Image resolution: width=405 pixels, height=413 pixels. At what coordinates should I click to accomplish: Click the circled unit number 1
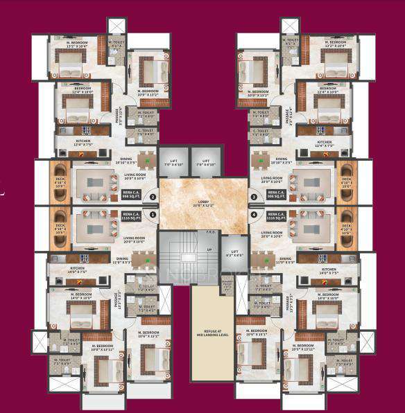click(152, 215)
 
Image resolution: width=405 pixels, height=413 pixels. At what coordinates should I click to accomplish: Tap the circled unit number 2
click(152, 197)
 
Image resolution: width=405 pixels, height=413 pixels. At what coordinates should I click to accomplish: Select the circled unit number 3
click(254, 197)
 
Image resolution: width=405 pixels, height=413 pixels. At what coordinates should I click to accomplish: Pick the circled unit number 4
click(254, 215)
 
